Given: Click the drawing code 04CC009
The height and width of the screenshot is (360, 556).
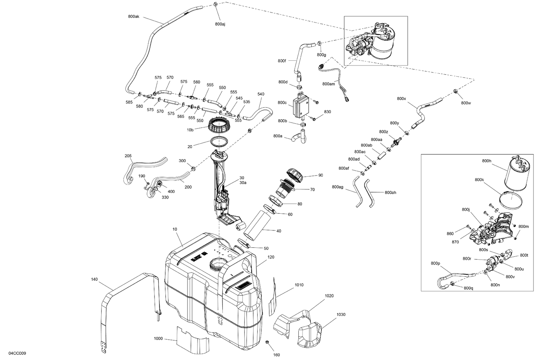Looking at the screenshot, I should (17, 353).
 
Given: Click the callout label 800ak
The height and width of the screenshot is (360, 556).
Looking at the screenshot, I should (133, 16).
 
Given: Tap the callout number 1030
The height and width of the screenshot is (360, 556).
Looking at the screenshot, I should (341, 314).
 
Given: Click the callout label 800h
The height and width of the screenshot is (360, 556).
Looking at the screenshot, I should (486, 161).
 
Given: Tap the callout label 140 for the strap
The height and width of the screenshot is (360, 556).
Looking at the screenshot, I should (94, 279).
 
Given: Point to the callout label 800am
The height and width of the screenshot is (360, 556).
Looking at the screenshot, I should (328, 84).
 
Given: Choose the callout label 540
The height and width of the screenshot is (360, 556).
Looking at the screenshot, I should (261, 94).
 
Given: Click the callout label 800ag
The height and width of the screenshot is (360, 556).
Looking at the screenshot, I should (338, 187).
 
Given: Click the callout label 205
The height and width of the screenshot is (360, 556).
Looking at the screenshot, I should (128, 156).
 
